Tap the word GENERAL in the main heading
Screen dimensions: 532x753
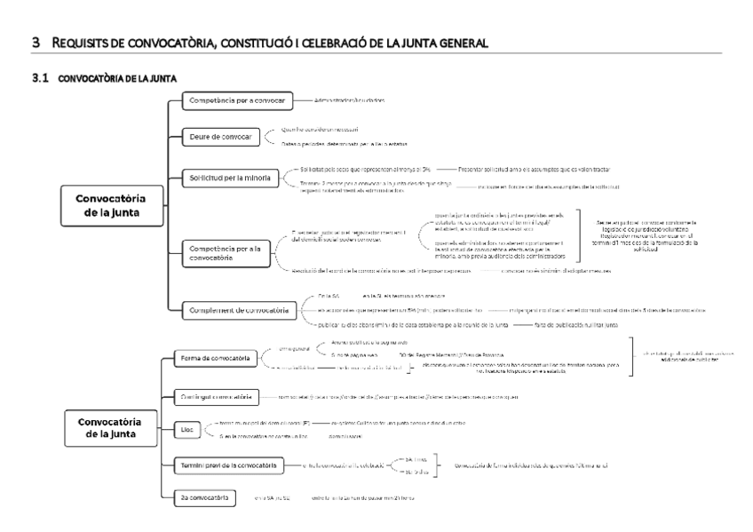458,44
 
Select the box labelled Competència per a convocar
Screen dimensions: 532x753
231,101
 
